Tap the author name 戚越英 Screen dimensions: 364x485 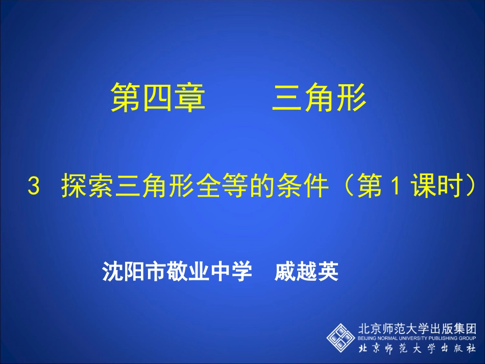pyautogui.click(x=306, y=271)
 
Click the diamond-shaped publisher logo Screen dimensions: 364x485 pyautogui.click(x=342, y=336)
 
